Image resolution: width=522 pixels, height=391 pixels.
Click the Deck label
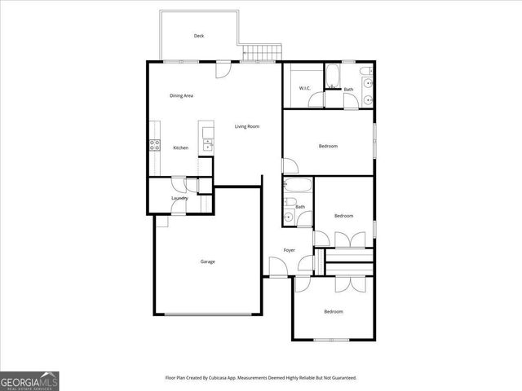[198, 36]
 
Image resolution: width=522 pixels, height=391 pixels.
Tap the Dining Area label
[181, 96]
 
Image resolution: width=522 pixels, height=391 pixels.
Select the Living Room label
[247, 126]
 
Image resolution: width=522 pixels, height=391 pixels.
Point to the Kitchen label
[181, 147]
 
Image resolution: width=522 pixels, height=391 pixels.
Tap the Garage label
[208, 261]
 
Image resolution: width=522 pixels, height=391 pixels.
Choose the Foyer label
[290, 250]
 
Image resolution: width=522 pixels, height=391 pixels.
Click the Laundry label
[180, 198]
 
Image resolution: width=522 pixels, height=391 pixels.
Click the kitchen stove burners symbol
[154, 147]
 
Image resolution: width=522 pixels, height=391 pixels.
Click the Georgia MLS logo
[29, 380]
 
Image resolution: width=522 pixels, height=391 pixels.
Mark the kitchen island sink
[208, 144]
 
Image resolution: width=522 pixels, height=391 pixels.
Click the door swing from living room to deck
[222, 70]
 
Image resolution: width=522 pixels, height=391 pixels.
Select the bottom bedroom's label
[333, 312]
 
